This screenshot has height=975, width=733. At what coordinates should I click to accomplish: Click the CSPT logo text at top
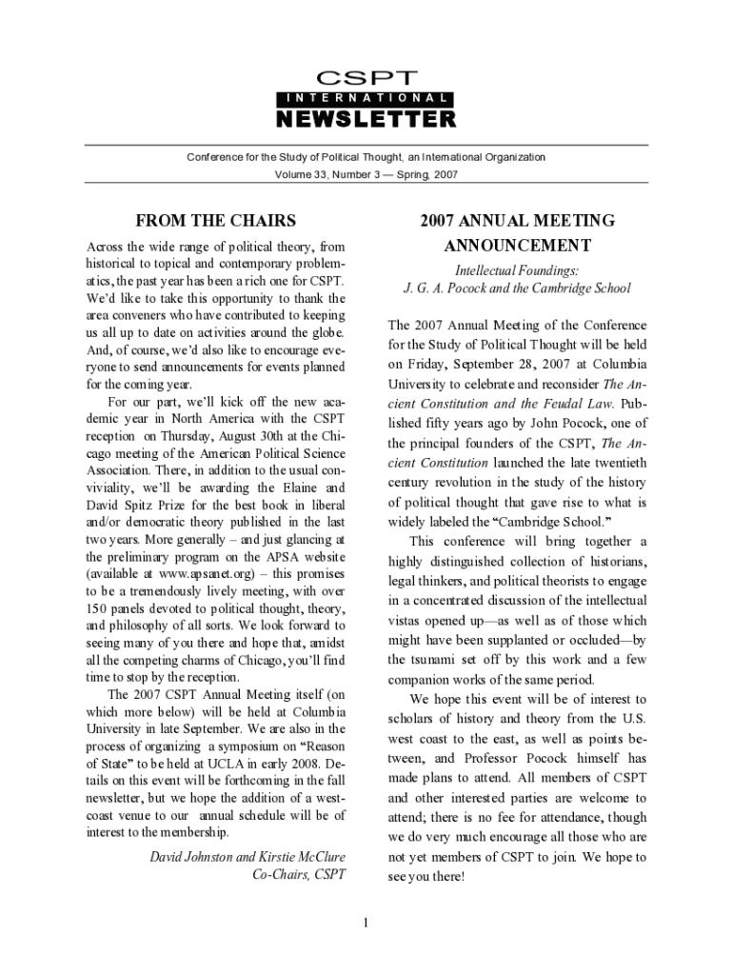point(366,77)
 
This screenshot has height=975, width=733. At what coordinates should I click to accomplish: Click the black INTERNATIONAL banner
point(366,98)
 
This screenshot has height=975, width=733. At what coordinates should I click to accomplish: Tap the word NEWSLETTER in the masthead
point(366,119)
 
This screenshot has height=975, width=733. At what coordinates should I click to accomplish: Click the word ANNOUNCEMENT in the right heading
point(518,246)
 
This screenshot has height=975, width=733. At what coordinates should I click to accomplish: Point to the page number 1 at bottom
point(366,921)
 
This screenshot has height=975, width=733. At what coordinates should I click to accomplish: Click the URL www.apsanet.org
point(203,574)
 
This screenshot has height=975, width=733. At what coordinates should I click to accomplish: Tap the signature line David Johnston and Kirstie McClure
point(248,856)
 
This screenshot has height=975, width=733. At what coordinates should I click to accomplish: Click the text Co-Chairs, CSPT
point(298,873)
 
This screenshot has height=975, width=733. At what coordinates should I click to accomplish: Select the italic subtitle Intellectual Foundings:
point(518,271)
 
